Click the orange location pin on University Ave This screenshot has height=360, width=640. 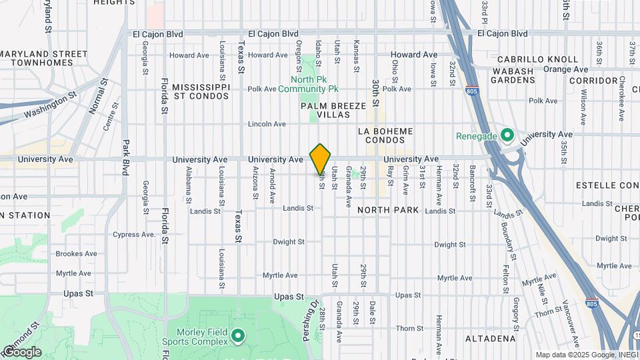[321, 159]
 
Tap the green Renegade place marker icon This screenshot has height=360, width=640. [507, 136]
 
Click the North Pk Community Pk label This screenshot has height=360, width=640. [309, 84]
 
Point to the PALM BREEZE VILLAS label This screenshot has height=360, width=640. [333, 110]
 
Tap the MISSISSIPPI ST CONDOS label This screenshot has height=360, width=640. [201, 91]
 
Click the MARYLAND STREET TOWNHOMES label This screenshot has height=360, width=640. [45, 58]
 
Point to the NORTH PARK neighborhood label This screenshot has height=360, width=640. [388, 210]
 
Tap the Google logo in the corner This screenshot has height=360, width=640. [21, 352]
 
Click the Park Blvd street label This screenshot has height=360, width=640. [125, 157]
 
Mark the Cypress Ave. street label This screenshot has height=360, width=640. [135, 235]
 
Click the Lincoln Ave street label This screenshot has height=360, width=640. [267, 124]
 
